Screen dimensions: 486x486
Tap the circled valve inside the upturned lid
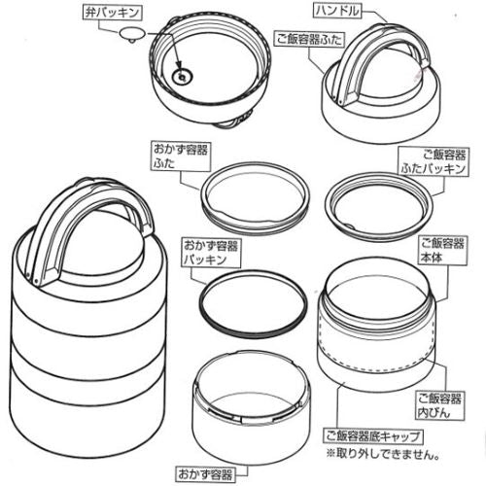point(180,74)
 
